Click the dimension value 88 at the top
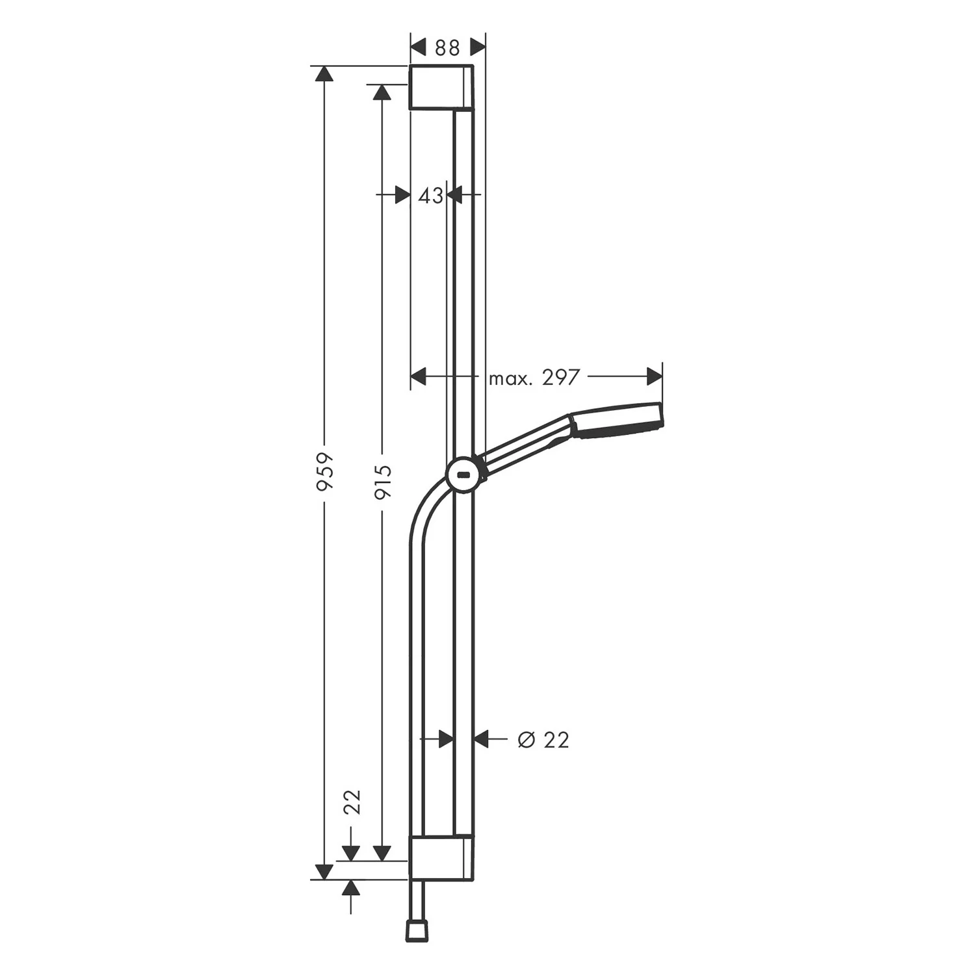coord(447,48)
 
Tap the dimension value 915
coord(383,482)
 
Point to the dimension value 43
coord(430,195)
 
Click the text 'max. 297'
coord(533,378)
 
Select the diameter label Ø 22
coord(543,740)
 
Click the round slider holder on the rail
coord(463,474)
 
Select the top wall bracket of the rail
coord(441,87)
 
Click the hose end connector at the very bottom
coord(416,930)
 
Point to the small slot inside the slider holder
coord(463,474)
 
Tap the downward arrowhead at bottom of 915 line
coord(383,852)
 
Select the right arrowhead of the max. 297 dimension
coord(655,376)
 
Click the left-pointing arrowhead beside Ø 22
coord(481,739)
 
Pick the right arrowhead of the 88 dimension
coord(478,47)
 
